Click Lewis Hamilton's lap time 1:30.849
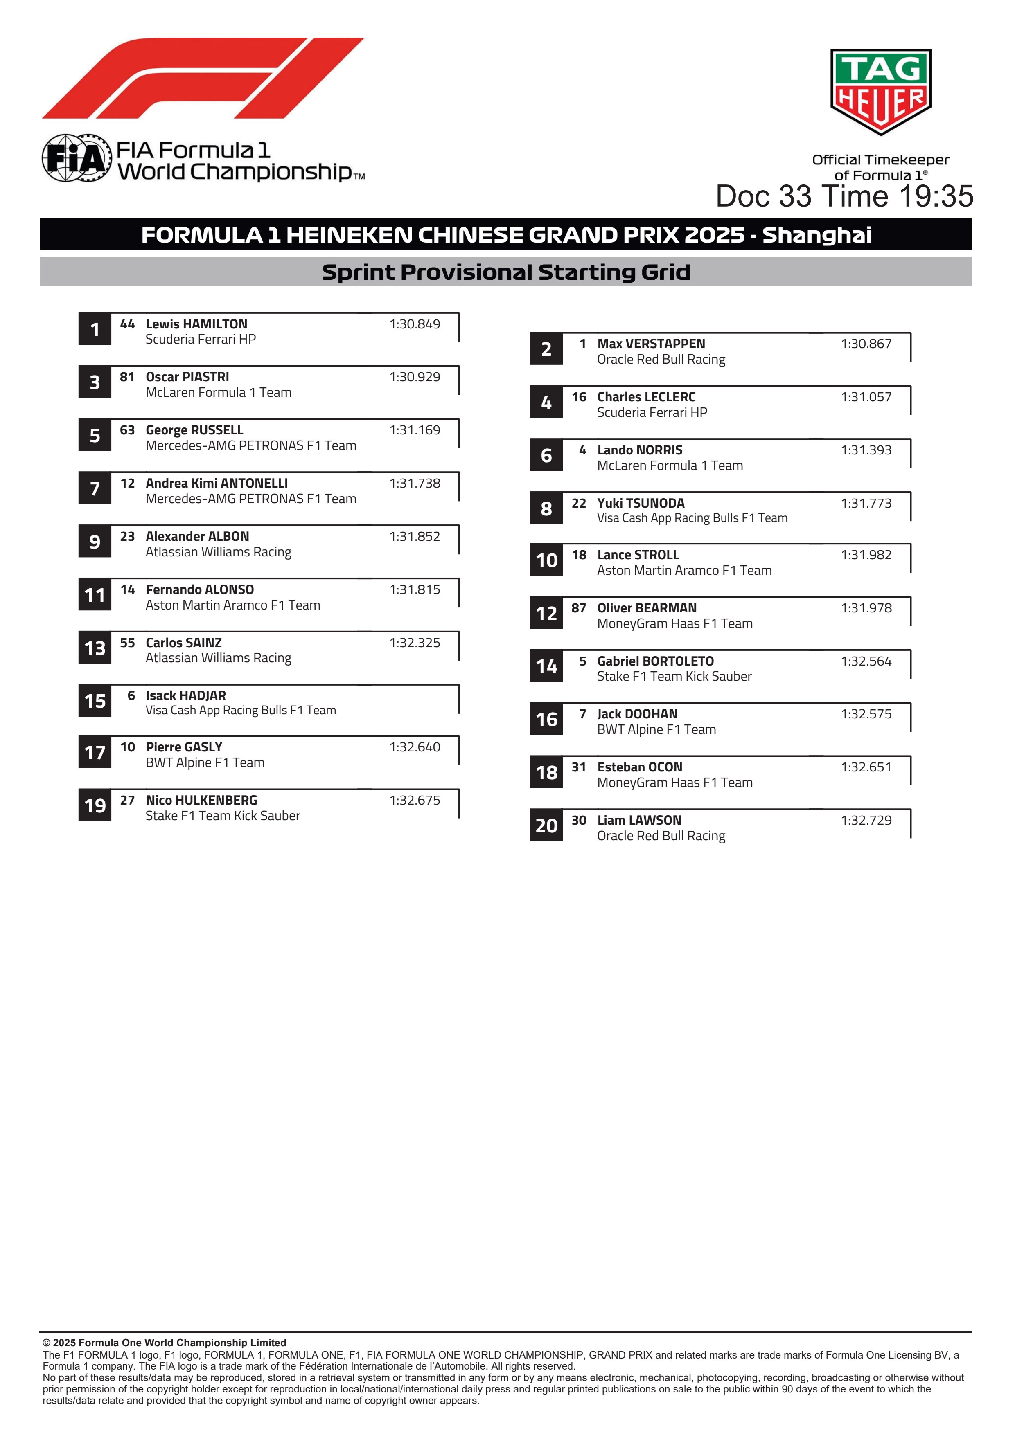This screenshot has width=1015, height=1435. coord(415,324)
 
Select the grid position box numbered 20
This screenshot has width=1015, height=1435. coord(546,825)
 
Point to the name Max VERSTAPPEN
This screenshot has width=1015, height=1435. coord(651,344)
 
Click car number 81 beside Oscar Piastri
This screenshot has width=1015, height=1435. coord(127,377)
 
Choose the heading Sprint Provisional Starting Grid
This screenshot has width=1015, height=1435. coord(506,272)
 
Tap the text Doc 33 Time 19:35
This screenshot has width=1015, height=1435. coord(844,196)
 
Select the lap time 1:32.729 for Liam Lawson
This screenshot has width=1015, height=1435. coord(866,820)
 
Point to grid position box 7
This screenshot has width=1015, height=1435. coord(95,488)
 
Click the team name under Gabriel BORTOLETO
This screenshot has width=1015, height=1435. coord(674,676)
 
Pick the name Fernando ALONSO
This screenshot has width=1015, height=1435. coord(199,589)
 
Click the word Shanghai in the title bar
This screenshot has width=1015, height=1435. coord(817,235)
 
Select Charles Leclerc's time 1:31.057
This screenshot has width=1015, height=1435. coord(866,397)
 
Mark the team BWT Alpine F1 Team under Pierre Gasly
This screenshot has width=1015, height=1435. coord(205,762)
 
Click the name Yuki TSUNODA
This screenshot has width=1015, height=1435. coord(641,503)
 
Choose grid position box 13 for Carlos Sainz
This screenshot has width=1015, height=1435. coord(95,648)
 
